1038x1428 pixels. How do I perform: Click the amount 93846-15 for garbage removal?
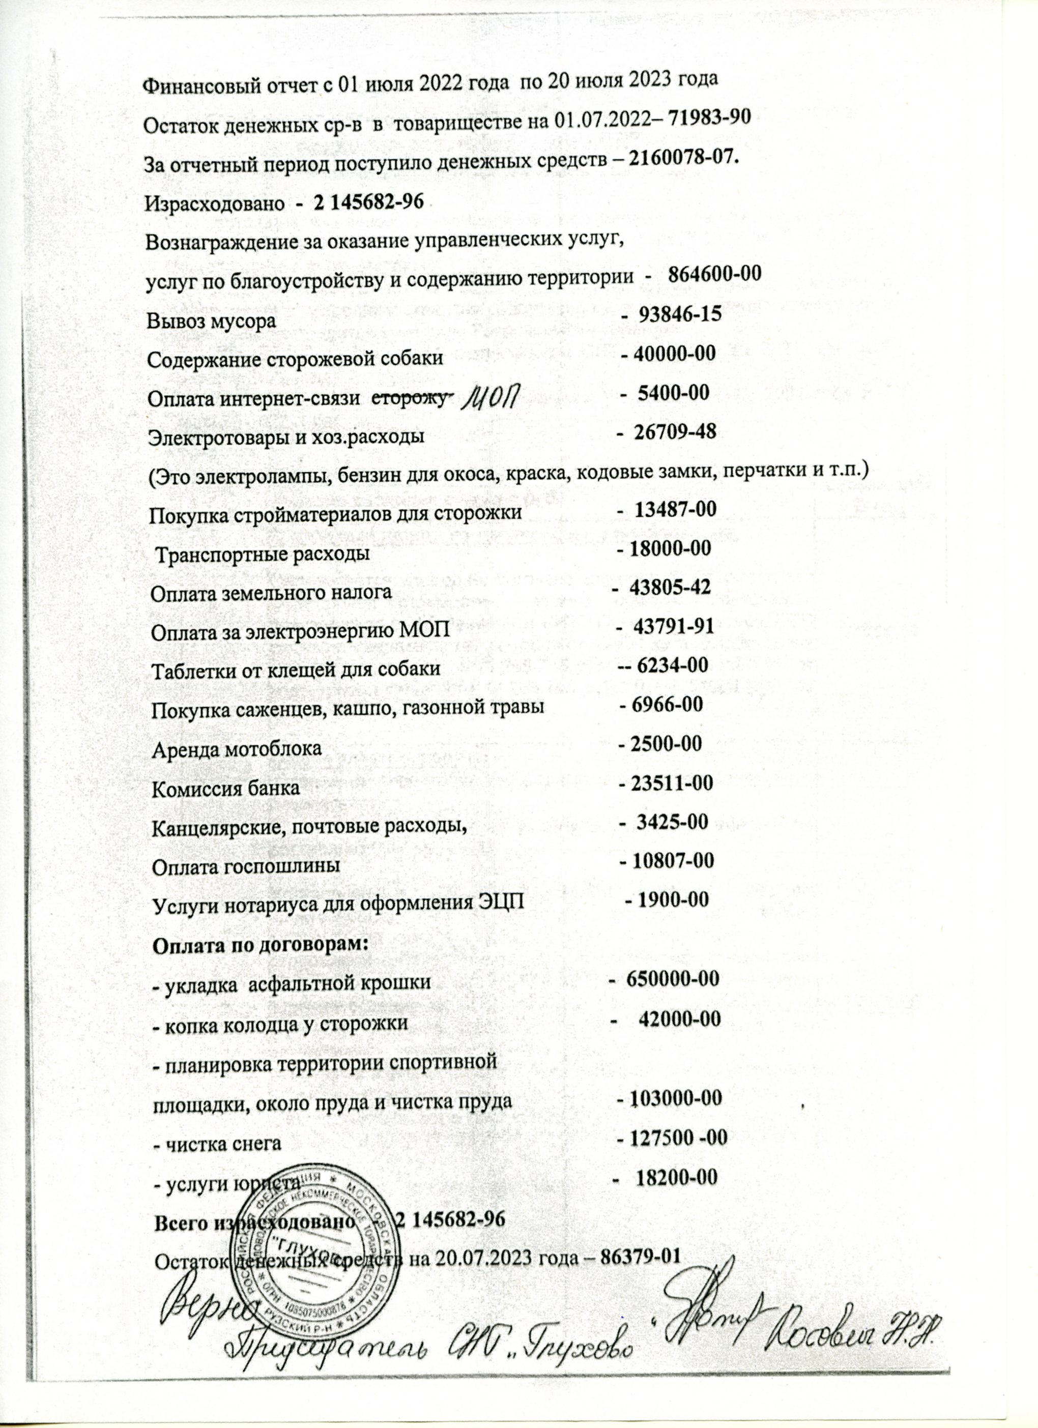pos(680,315)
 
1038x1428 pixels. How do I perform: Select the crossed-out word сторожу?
pos(410,398)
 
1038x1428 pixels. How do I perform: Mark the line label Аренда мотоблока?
pos(237,749)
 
